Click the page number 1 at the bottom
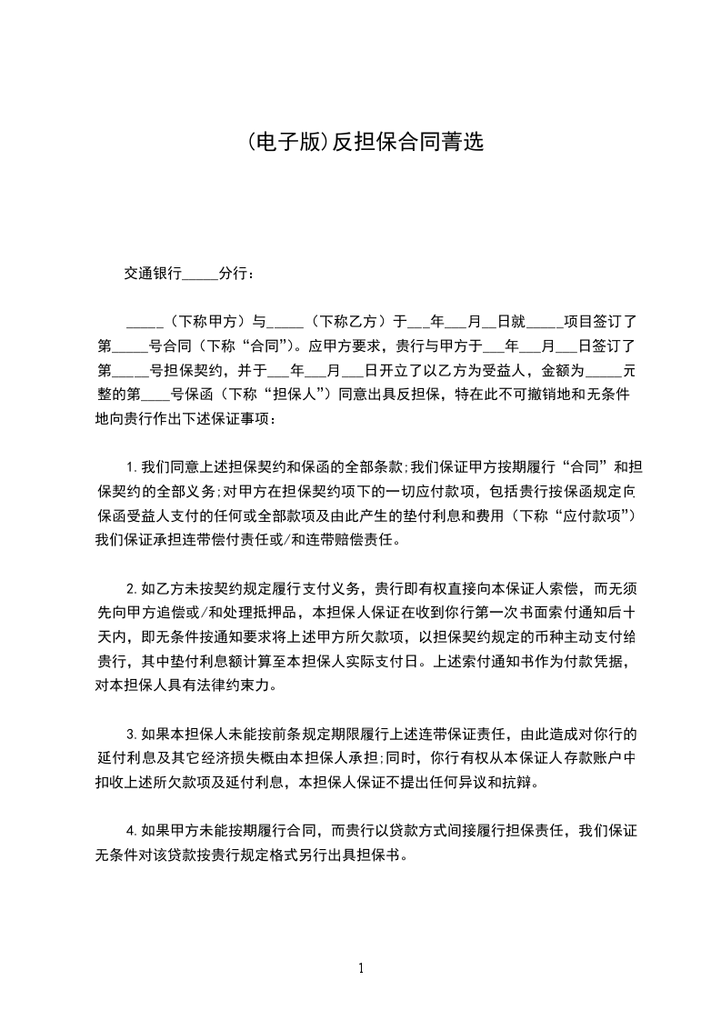click(361, 968)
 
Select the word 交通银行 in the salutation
click(154, 273)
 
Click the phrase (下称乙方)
click(347, 321)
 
